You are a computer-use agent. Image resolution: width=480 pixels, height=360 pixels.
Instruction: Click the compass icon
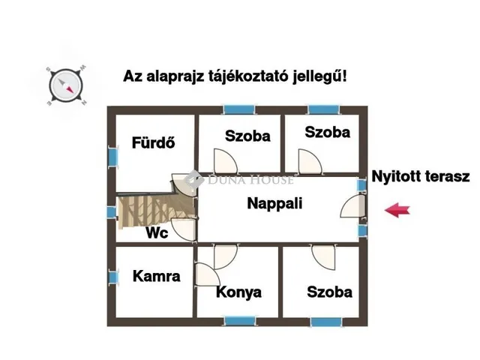tap(65, 85)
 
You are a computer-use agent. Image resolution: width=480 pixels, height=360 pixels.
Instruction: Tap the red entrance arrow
tap(397, 210)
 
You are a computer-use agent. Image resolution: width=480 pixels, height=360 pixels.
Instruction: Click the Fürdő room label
tap(153, 142)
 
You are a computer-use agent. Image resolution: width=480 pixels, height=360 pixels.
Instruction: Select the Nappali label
tap(274, 203)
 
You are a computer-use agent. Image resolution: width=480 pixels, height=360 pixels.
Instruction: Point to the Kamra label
tap(157, 277)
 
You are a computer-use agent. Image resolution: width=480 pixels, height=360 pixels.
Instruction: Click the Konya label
tap(238, 292)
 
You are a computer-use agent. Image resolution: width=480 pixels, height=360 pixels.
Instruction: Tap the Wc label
tap(157, 233)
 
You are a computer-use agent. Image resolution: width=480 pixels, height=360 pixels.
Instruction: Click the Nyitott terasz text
tap(420, 177)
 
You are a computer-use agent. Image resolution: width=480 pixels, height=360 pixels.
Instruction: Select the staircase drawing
tap(156, 211)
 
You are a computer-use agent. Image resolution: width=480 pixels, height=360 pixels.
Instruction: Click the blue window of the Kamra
tap(113, 277)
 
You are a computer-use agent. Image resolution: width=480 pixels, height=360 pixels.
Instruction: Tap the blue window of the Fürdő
tap(113, 157)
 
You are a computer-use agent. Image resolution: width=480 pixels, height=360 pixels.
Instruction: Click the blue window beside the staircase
tap(111, 212)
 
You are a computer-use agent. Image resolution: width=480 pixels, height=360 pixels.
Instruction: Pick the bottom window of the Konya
tap(240, 321)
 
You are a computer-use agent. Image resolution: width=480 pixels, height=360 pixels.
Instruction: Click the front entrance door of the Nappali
tap(352, 206)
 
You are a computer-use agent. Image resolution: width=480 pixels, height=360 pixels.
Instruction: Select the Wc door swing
tap(183, 229)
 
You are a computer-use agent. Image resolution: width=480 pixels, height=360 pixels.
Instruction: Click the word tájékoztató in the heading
tap(248, 76)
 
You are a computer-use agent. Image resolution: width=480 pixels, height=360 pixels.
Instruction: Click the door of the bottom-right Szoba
tap(323, 256)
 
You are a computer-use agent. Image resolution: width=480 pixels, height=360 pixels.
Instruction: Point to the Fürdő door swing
tap(183, 184)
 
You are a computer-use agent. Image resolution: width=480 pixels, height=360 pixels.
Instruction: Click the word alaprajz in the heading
tap(175, 76)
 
